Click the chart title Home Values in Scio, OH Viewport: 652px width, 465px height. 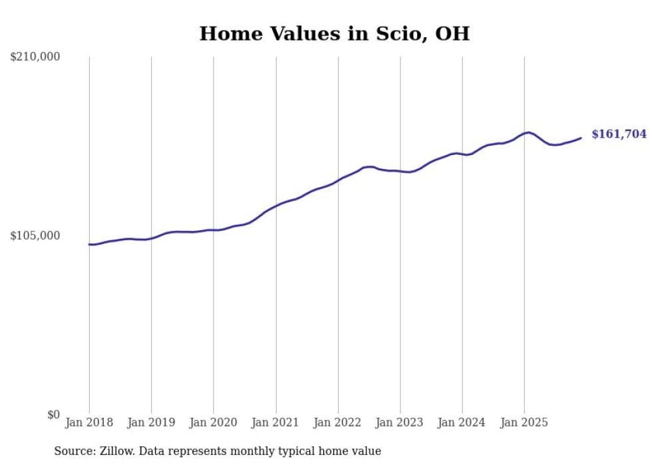click(334, 34)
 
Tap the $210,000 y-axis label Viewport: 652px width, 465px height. click(35, 57)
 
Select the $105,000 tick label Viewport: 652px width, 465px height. click(35, 235)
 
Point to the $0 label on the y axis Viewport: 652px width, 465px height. click(53, 414)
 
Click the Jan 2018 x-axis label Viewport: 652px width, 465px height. click(89, 422)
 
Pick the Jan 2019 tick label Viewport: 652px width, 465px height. click(151, 422)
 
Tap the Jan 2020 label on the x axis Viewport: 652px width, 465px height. click(214, 422)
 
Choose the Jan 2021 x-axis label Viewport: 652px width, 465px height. click(275, 422)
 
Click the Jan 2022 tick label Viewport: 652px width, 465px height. click(338, 422)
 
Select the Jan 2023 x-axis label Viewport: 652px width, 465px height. click(400, 422)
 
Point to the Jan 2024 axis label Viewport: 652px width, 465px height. click(462, 422)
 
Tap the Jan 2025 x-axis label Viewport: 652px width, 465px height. click(524, 422)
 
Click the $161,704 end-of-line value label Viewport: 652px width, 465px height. click(619, 134)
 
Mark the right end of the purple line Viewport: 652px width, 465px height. click(581, 138)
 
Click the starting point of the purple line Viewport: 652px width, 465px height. click(89, 244)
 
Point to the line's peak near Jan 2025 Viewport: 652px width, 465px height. click(528, 132)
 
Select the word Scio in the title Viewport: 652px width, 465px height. click(394, 34)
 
